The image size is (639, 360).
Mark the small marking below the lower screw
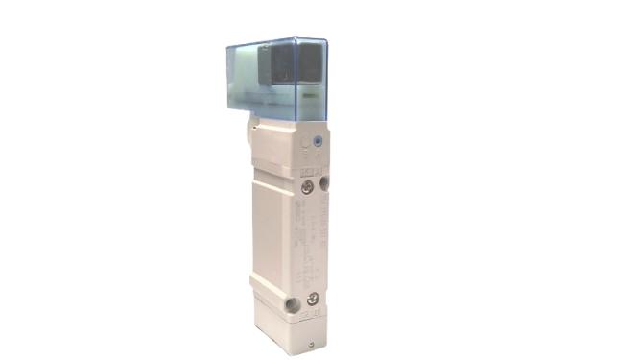(x=314, y=316)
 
